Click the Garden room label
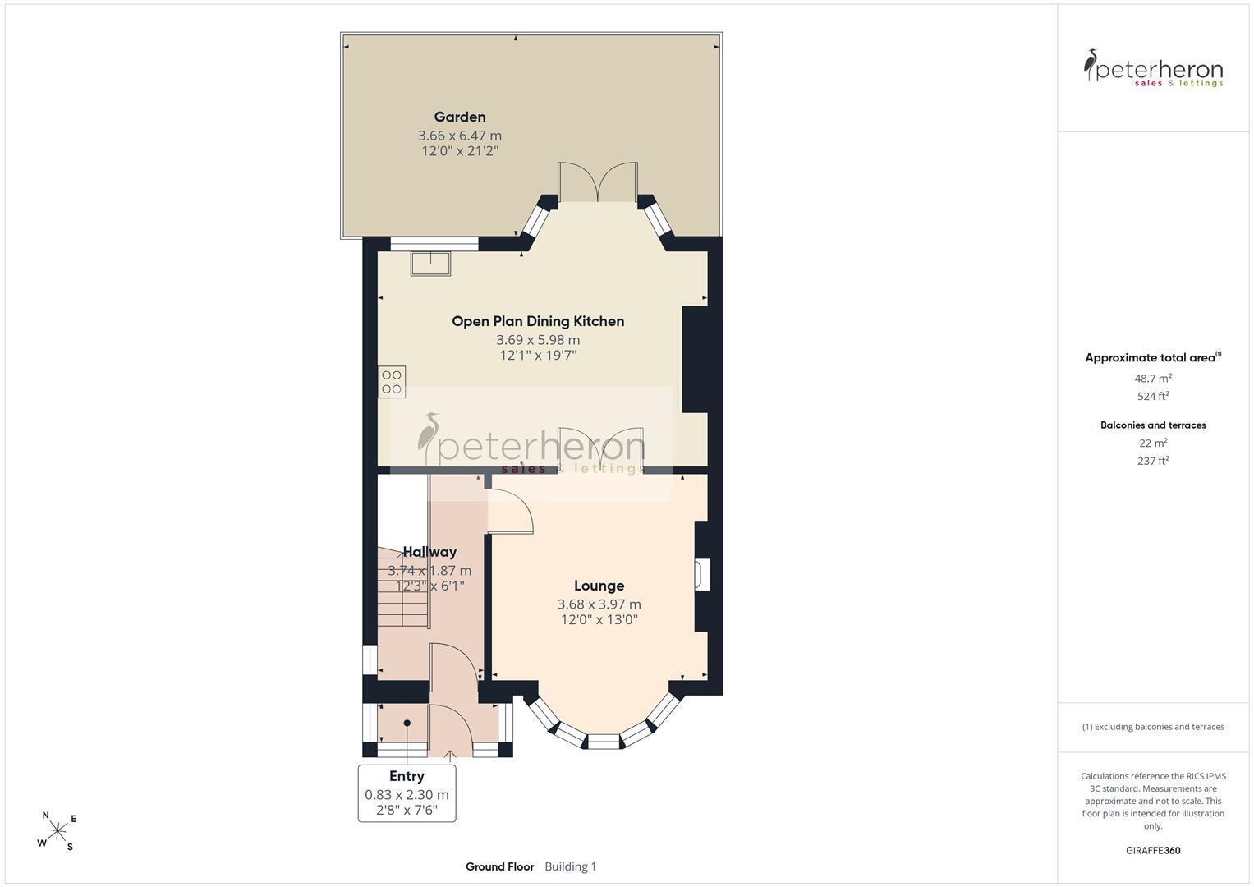point(460,117)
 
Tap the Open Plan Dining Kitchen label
point(538,321)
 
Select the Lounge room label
point(599,586)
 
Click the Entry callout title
point(407,776)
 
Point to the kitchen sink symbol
point(430,264)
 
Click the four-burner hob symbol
point(392,382)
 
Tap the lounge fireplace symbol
point(702,575)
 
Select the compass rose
point(57,830)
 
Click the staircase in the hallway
point(403,587)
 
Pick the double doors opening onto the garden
point(598,182)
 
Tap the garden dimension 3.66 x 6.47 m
point(460,136)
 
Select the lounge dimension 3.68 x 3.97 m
point(599,604)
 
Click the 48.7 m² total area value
point(1153,378)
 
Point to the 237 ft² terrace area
point(1153,460)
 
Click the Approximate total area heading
point(1153,357)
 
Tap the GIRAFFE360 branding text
point(1153,850)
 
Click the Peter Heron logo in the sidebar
point(1153,69)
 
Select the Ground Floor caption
point(500,866)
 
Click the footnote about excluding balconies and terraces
point(1153,727)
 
